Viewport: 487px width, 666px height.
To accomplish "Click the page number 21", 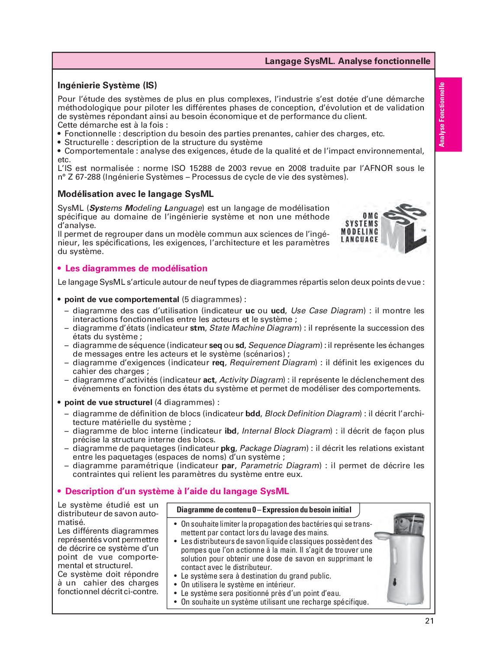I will tap(429, 621).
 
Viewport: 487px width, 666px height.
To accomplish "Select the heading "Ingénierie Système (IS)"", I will tap(107, 85).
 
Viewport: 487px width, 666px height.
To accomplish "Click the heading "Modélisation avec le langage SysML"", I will tap(135, 194).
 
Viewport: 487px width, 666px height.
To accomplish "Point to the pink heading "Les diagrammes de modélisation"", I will tap(136, 268).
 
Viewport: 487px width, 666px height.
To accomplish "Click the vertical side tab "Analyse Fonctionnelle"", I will tap(442, 115).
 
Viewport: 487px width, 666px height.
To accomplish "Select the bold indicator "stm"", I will tap(197, 328).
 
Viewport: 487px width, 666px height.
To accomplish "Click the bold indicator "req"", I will tap(218, 363).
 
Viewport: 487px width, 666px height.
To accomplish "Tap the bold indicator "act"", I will tap(209, 380).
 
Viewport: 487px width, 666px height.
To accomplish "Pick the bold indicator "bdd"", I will tap(252, 414).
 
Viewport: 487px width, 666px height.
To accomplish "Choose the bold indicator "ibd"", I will tap(230, 431).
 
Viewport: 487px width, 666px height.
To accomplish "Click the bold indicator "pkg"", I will tap(228, 448).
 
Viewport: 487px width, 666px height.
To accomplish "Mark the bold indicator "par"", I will tap(228, 466).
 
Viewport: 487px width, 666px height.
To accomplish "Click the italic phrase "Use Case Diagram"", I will tap(327, 311).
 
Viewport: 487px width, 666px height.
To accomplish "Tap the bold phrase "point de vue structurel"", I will tap(108, 402).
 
